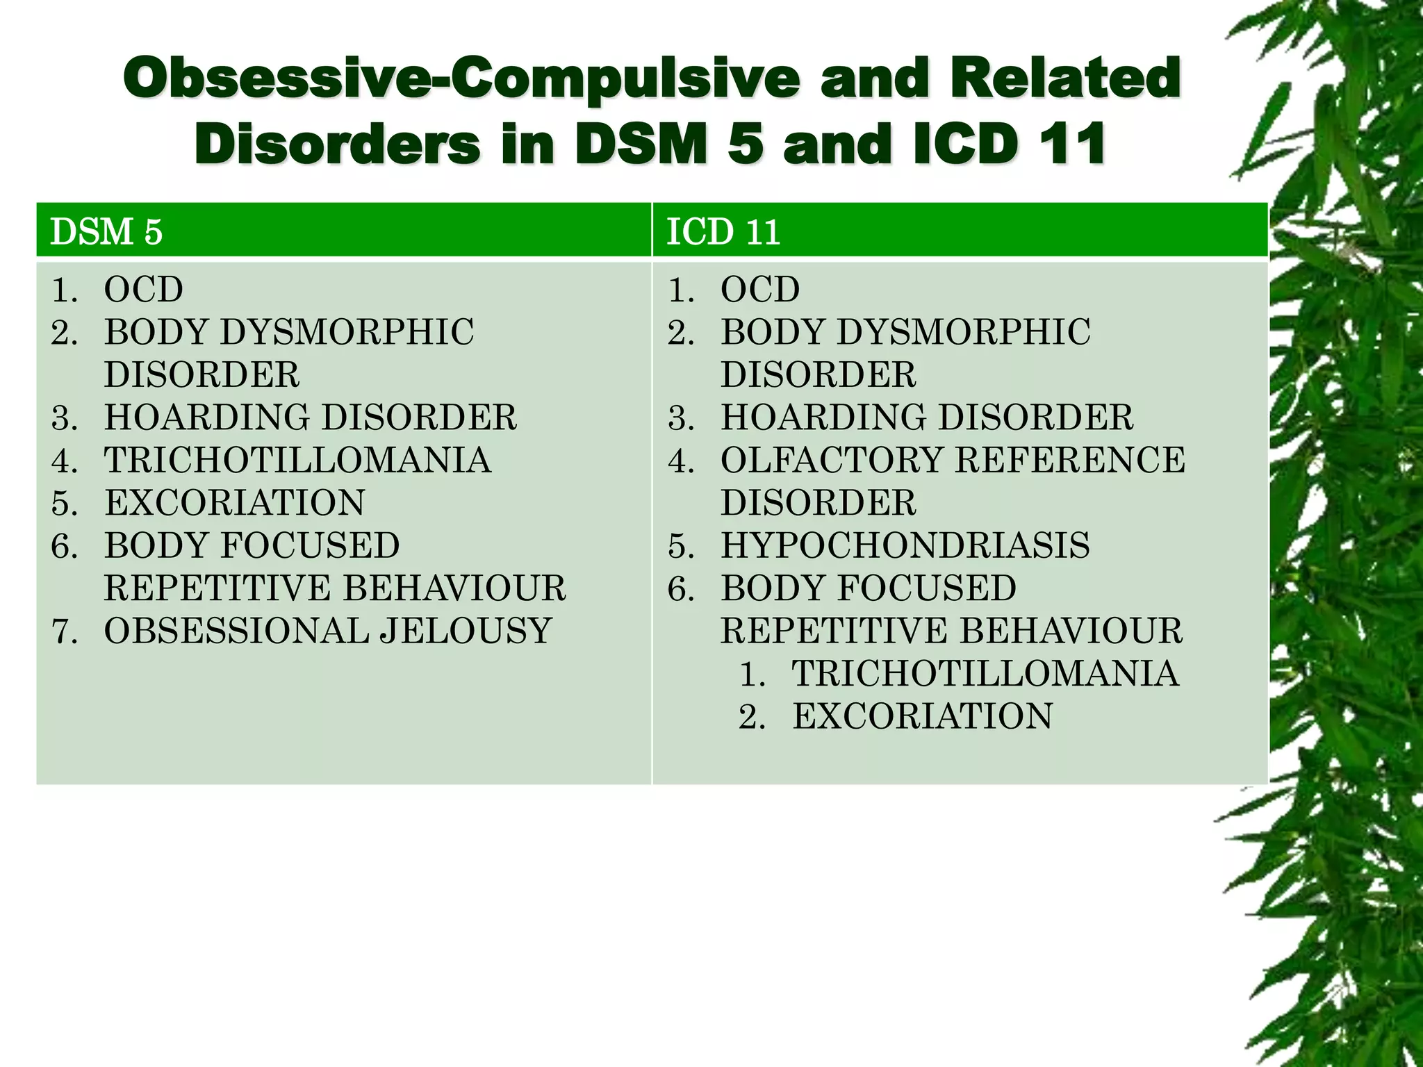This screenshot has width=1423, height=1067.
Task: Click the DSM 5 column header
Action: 106,231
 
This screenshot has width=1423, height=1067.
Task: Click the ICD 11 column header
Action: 723,231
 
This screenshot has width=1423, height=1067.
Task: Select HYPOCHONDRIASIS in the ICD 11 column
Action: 905,545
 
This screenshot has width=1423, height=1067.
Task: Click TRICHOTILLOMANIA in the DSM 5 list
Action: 297,460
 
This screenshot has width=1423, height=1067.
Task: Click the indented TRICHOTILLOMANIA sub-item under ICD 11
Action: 985,673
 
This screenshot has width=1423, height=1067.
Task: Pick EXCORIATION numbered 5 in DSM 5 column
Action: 235,502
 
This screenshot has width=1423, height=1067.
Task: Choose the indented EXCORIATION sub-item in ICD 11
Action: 922,716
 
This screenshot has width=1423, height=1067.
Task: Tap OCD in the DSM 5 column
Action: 143,290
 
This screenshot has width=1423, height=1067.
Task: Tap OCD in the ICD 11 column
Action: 760,290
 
